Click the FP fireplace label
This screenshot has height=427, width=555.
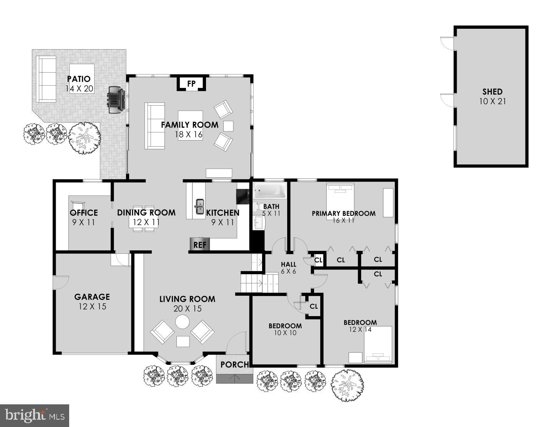[191, 84]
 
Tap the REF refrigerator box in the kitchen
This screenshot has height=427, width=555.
[200, 245]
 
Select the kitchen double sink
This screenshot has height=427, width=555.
[199, 207]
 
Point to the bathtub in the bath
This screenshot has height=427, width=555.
[269, 191]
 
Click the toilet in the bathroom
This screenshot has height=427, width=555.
[256, 206]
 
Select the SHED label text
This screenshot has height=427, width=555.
[492, 92]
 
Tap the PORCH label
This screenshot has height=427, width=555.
[234, 364]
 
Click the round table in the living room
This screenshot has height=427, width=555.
[182, 322]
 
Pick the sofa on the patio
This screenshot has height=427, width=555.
[46, 78]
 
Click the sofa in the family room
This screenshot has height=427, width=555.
[155, 126]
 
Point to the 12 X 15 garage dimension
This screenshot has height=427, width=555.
[92, 306]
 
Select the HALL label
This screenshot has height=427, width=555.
[288, 264]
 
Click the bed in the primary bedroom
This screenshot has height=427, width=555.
[340, 202]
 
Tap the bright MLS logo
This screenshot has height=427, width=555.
[34, 415]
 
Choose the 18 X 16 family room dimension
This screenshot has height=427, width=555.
[189, 134]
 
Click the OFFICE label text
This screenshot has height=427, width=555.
[84, 213]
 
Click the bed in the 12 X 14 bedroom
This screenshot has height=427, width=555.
[378, 344]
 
